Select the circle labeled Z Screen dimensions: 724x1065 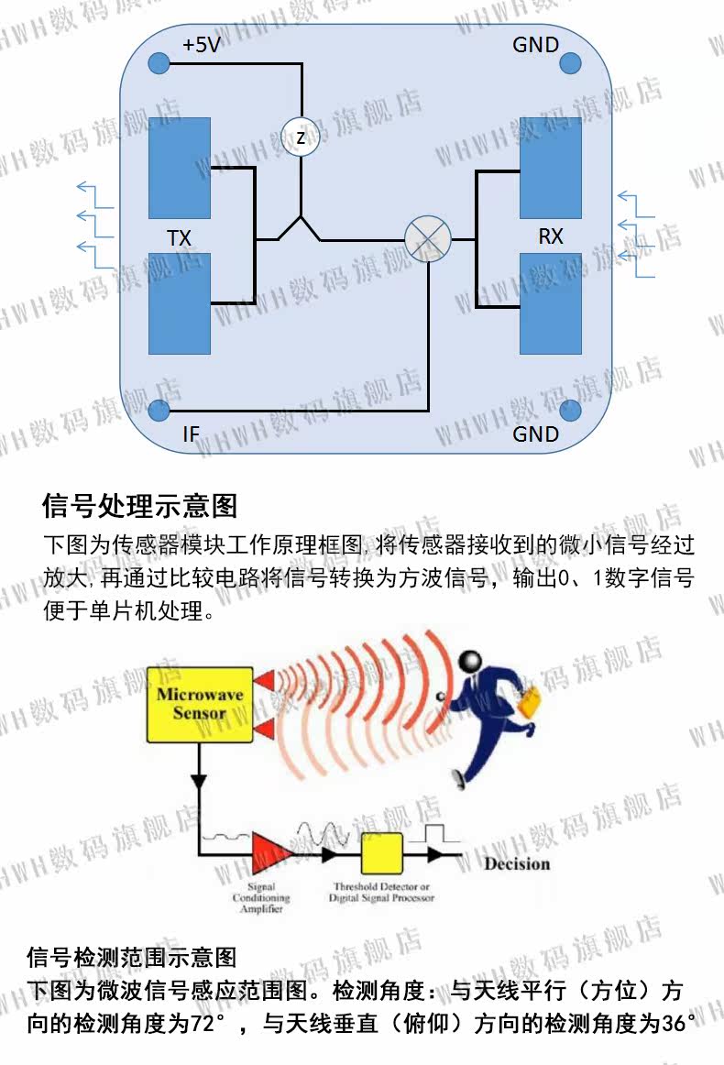point(301,137)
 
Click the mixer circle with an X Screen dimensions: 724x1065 point(428,239)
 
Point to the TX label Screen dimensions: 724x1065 point(179,238)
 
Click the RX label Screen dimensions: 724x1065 point(550,236)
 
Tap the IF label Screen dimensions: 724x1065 point(191,434)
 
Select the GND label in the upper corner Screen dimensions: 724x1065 point(535,45)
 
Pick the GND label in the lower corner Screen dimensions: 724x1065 point(535,434)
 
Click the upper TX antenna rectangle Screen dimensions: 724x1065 point(180,168)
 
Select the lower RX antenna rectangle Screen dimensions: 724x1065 point(550,303)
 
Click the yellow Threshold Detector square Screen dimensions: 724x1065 point(382,854)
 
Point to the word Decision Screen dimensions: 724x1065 point(517,863)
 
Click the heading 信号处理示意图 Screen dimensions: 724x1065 point(140,505)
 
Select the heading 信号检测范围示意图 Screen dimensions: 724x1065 point(132,958)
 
